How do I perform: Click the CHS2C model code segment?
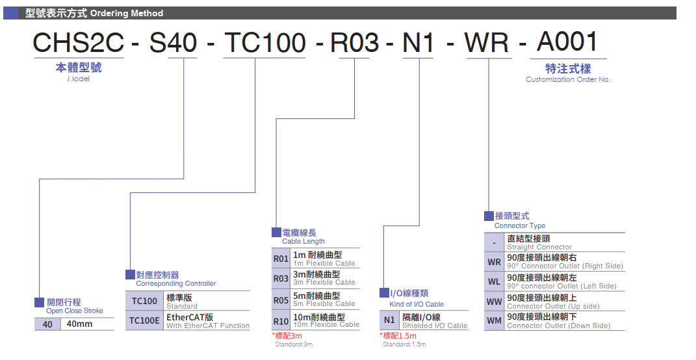77,43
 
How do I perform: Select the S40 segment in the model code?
173,43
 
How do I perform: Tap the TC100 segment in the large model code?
264,43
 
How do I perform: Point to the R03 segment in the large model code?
355,43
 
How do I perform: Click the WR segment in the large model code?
487,43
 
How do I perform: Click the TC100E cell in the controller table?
144,320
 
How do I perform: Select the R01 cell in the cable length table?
281,259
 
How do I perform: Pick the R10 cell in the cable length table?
281,321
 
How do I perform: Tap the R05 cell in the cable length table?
281,300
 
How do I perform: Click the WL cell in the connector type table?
494,282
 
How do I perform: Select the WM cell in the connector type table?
494,321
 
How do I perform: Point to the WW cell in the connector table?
494,302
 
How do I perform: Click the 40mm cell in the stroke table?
80,324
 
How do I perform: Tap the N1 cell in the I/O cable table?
389,320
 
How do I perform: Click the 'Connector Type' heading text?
520,226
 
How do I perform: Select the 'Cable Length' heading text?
303,242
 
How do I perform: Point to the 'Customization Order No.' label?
568,79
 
